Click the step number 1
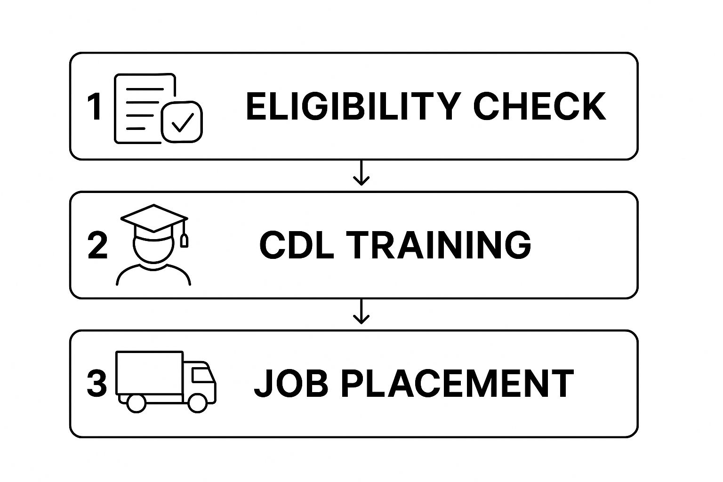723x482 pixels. (95, 106)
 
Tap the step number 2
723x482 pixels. (97, 246)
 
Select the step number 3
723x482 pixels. (97, 384)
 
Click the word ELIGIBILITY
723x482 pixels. (353, 106)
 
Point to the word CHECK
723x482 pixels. (539, 106)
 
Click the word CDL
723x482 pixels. (297, 245)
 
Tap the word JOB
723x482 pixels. (291, 383)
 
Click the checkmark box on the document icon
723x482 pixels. (182, 122)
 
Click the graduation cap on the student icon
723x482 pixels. (154, 222)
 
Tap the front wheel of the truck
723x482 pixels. (197, 403)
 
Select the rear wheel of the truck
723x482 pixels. (136, 403)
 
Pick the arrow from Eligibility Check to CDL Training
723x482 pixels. (361, 173)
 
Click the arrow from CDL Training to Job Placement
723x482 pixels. (361, 312)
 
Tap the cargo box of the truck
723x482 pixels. (149, 372)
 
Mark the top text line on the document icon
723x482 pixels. (145, 89)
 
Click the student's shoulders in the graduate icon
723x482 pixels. (153, 274)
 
